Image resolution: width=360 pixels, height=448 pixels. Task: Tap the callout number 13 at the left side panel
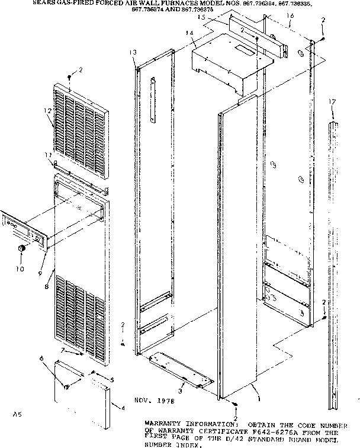tap(134, 53)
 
